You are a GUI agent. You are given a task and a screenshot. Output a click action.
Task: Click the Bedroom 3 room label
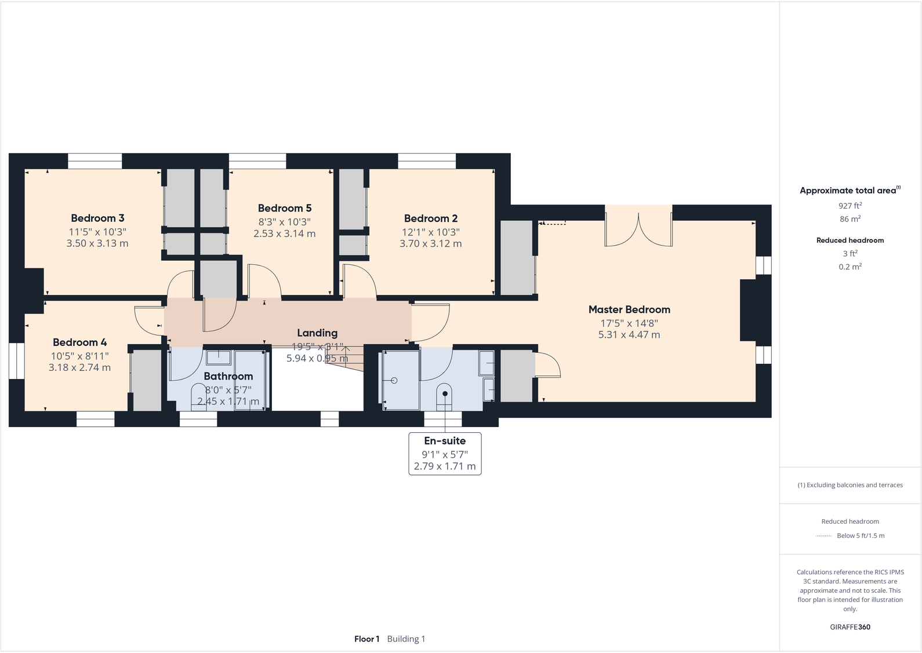97,218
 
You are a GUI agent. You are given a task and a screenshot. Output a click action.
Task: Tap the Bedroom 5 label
285,208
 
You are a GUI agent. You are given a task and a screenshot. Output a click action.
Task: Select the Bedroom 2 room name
431,218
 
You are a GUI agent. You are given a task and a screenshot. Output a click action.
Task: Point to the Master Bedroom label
629,309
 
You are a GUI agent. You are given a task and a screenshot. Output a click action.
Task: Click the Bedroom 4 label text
80,342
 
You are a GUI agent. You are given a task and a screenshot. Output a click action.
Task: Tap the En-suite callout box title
445,441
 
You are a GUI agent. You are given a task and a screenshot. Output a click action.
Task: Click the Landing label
317,333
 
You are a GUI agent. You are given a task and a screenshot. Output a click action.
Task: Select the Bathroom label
228,376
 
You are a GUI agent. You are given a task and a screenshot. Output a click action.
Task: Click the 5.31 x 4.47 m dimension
629,335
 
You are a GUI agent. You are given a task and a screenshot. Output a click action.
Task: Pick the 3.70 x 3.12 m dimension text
431,243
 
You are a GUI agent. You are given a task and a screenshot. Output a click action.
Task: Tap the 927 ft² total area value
850,206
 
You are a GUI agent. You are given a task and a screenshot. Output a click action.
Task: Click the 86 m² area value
850,219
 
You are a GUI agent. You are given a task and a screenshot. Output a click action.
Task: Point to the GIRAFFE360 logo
850,627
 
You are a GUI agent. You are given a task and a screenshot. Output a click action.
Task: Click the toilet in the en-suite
445,397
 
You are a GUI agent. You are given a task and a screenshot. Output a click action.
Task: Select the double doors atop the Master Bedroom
638,229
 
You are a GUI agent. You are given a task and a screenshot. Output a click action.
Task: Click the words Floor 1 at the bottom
366,639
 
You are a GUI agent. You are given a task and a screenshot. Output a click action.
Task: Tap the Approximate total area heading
850,191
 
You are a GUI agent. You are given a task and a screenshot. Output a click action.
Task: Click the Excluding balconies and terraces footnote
850,485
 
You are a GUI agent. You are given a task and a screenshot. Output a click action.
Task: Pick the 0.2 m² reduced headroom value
850,267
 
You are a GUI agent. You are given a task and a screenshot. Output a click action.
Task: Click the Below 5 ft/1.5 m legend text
861,536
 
